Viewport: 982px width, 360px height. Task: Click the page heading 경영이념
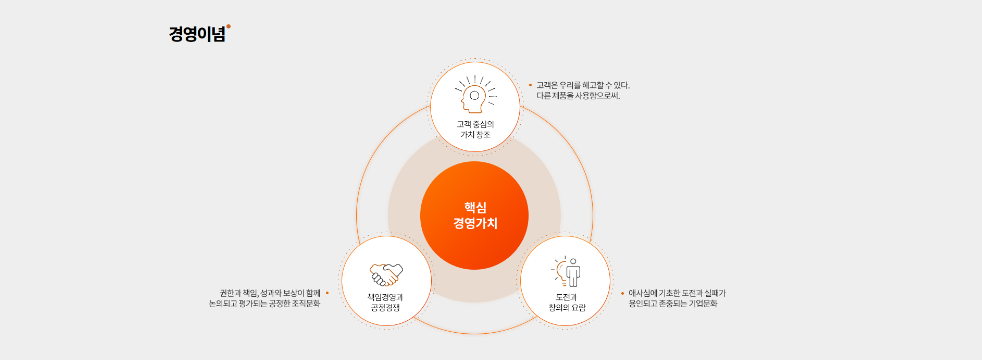[x=197, y=34]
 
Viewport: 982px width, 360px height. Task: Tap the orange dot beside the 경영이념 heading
[x=228, y=26]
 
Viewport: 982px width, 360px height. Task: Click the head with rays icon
[x=475, y=94]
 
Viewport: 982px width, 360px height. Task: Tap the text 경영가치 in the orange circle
[x=475, y=223]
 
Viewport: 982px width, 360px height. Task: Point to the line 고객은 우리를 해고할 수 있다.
[x=583, y=85]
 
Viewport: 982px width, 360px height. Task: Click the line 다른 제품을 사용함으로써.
[x=578, y=95]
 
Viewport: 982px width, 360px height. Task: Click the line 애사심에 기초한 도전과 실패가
[x=677, y=293]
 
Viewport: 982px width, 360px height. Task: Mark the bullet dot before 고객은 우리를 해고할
[x=530, y=85]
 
